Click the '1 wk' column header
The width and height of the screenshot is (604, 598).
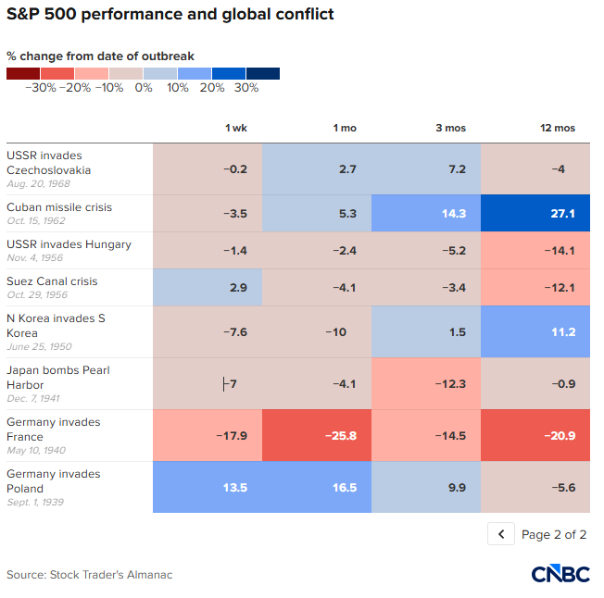tap(236, 128)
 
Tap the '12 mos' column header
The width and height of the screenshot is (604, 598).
tap(558, 128)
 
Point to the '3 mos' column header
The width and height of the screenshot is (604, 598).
tap(451, 128)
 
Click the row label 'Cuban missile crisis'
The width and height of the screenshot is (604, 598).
tap(59, 207)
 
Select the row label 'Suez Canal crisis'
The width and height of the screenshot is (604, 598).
tap(52, 281)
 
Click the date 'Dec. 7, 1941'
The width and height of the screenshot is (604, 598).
tap(33, 398)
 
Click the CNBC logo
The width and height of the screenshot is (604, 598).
tap(560, 574)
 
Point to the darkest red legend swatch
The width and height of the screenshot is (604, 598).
tap(23, 73)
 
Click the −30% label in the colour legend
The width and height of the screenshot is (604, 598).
tap(41, 88)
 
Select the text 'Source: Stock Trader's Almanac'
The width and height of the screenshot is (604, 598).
tap(90, 575)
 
